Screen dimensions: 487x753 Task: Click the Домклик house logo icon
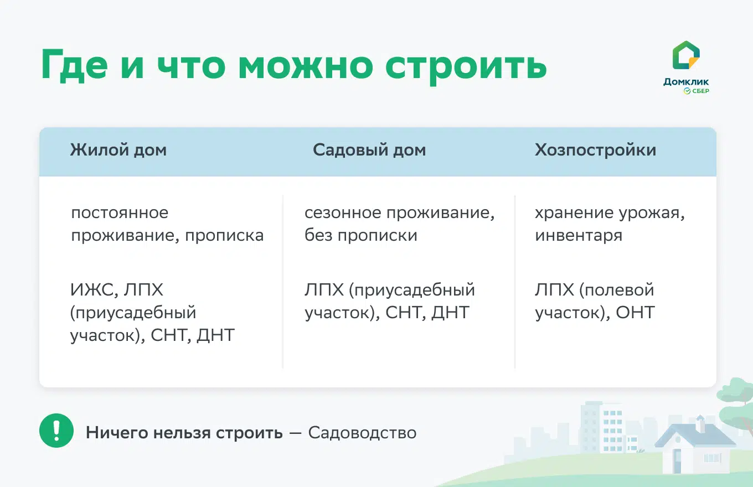[x=685, y=56]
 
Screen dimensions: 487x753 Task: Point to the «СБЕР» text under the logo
[x=700, y=91]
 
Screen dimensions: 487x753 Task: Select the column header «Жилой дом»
[x=118, y=151]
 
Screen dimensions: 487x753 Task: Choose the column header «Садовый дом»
[x=369, y=151]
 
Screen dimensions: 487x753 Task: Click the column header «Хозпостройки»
[x=595, y=151]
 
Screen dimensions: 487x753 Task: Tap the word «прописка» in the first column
[x=224, y=235]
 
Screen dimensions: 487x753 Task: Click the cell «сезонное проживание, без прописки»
[x=399, y=224]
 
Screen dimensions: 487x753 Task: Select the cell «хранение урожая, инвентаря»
[x=610, y=224]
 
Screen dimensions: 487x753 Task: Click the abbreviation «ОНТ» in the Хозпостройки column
[x=636, y=313]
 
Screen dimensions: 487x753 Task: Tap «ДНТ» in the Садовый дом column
[x=451, y=313]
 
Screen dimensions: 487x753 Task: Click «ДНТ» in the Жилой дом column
[x=216, y=335]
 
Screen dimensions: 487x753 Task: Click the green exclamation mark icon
[x=56, y=431]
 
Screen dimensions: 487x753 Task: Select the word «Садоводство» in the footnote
[x=362, y=432]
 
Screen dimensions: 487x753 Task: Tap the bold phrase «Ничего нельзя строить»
[x=184, y=432]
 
